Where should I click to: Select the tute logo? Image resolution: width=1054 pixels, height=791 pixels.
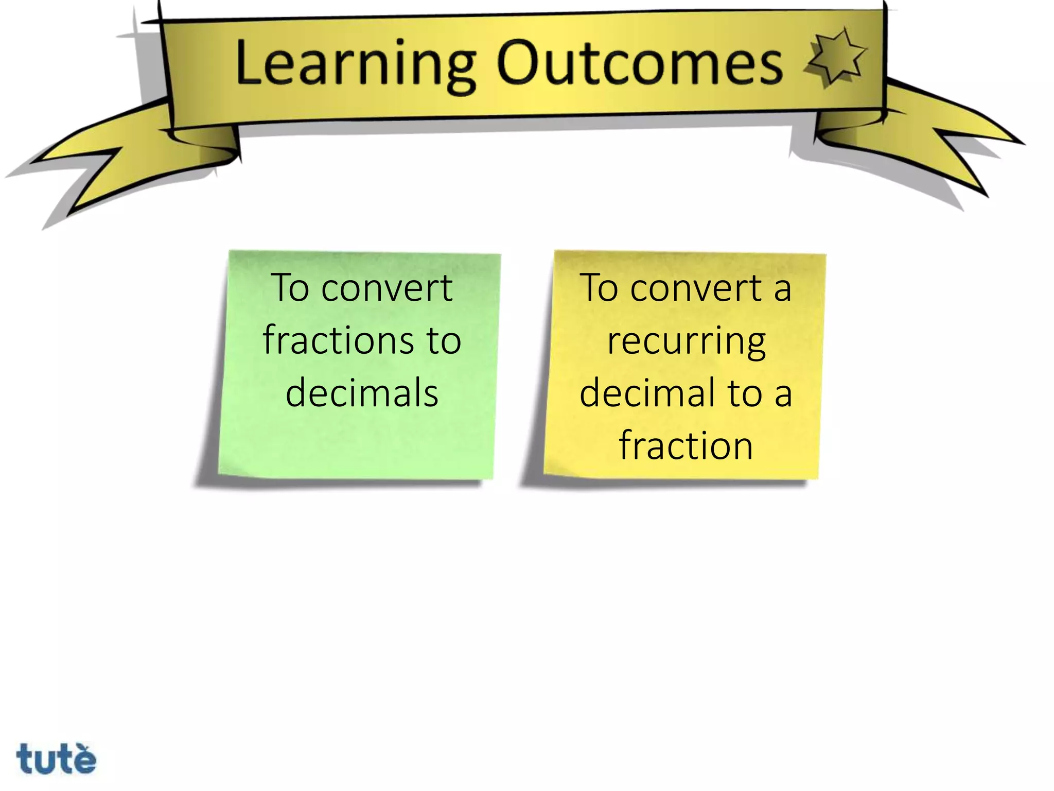pyautogui.click(x=56, y=759)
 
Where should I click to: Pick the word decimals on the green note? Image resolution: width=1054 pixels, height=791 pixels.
pyautogui.click(x=362, y=393)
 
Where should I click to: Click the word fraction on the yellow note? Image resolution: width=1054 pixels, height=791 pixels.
pyautogui.click(x=686, y=445)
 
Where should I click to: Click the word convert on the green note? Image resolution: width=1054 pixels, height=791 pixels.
pyautogui.click(x=387, y=288)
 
